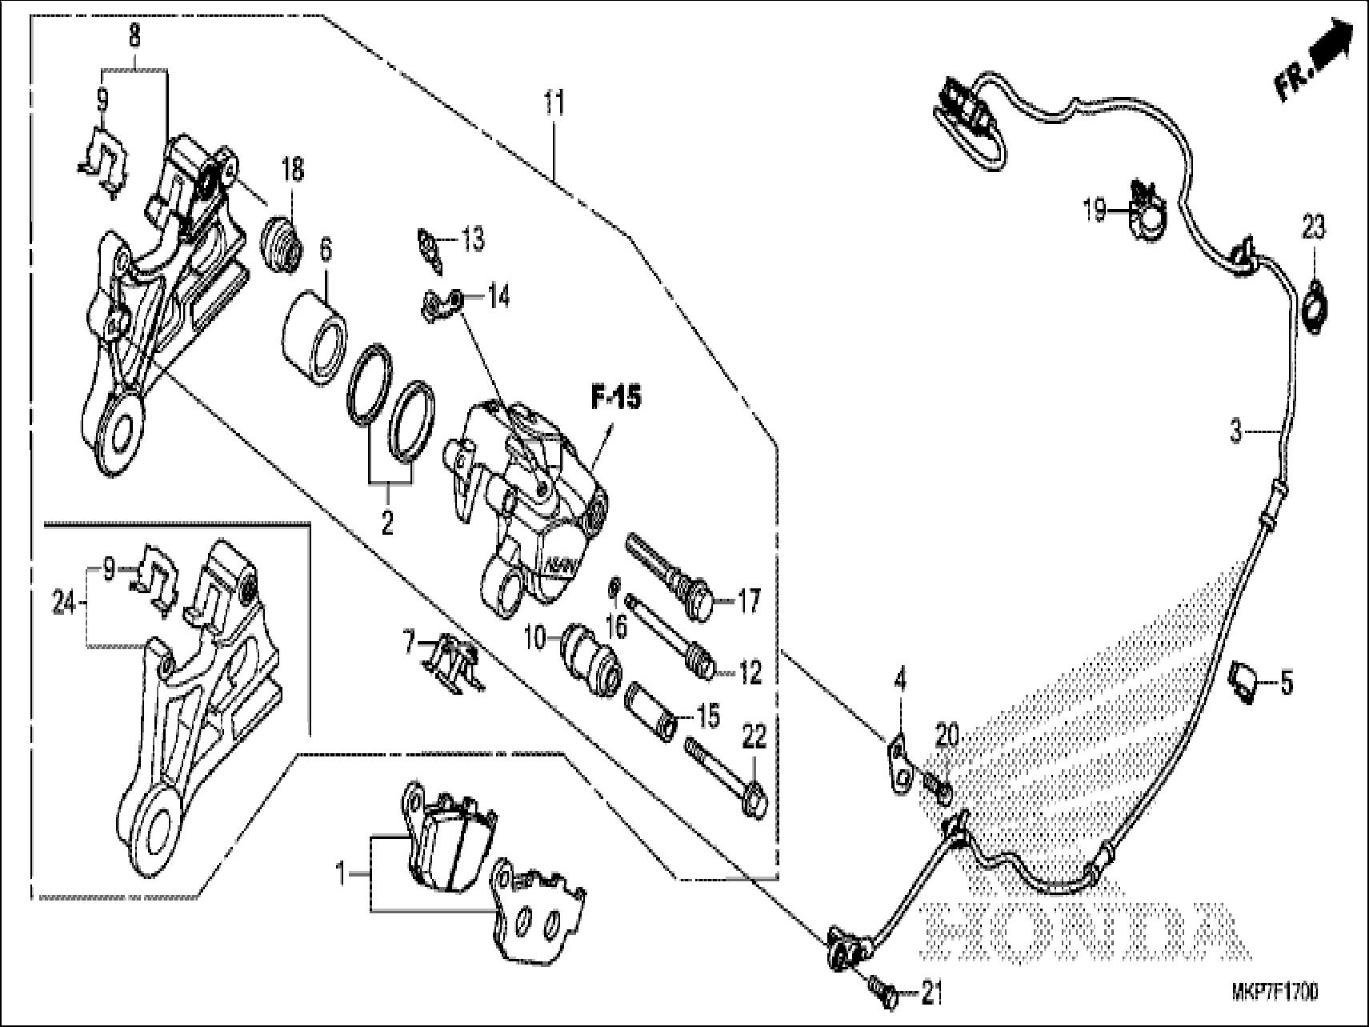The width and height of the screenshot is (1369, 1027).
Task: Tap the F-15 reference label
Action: coord(615,398)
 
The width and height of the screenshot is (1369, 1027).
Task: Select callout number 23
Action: coord(1313,229)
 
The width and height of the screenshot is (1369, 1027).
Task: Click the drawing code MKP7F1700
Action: coord(1275,993)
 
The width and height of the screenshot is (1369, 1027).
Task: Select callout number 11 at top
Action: coord(554,103)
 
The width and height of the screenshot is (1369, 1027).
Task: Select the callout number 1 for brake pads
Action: coord(340,874)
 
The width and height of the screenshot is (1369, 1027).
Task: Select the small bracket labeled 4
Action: coord(900,766)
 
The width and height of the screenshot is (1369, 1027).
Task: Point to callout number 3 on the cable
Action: coord(1236,433)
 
